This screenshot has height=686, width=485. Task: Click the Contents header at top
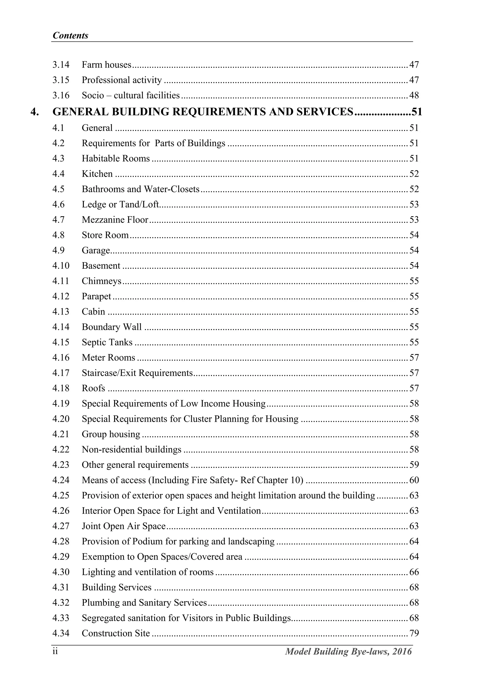pos(70,36)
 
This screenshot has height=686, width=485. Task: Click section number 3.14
pos(61,65)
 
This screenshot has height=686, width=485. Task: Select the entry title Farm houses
pos(106,65)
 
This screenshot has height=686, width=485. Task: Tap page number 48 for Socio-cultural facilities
pos(414,95)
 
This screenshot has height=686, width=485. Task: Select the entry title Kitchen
pos(97,174)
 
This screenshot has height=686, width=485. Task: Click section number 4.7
pos(58,220)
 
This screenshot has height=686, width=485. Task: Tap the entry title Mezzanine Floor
pos(115,220)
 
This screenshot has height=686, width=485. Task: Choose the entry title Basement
pos(101,266)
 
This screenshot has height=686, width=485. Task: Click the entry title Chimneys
pos(102,281)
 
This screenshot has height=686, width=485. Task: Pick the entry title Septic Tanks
pos(107,342)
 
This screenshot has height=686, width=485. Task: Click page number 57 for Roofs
pos(414,388)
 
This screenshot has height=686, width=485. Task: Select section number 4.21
pos(61,435)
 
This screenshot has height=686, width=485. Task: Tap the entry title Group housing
pos(111,435)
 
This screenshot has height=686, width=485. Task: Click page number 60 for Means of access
pos(414,480)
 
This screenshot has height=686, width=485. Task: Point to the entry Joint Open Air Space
pos(124,526)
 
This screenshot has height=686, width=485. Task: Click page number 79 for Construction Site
pos(414,633)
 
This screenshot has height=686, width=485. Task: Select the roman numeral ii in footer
pos(55,652)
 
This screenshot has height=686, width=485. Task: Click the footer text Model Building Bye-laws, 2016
pos(348,652)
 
